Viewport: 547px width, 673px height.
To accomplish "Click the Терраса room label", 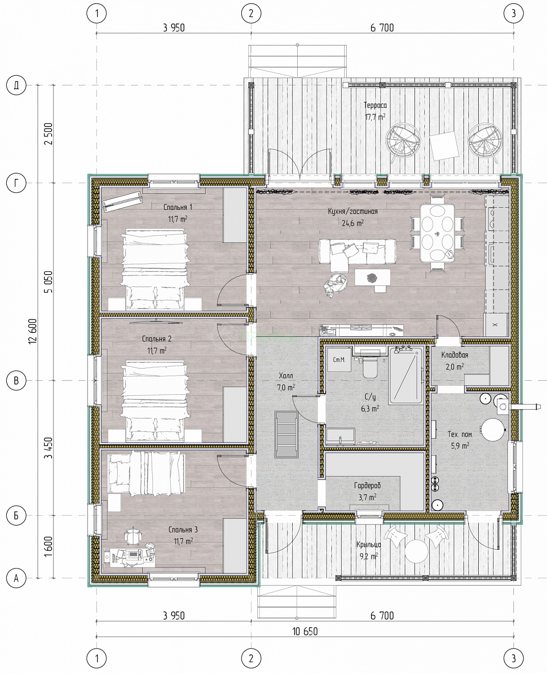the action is (x=375, y=105).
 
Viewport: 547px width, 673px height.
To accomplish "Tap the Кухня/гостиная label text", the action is (x=353, y=211).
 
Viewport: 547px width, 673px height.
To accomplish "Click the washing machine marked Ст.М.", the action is (x=339, y=359).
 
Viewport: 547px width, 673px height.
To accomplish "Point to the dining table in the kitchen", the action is (x=437, y=233).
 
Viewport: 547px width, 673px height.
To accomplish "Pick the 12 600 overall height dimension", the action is (x=33, y=331).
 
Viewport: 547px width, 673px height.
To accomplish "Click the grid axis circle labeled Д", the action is (x=16, y=85).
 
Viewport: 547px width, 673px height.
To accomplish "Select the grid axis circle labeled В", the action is (x=16, y=380).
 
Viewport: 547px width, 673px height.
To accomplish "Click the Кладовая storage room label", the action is (x=454, y=355).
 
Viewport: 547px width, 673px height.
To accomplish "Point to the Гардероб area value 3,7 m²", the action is (x=367, y=497).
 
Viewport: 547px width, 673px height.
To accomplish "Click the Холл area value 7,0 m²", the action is (x=286, y=387).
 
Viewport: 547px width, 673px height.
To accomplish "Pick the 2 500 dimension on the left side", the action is (x=49, y=134).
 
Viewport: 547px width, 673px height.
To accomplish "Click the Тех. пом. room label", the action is (x=460, y=434).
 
